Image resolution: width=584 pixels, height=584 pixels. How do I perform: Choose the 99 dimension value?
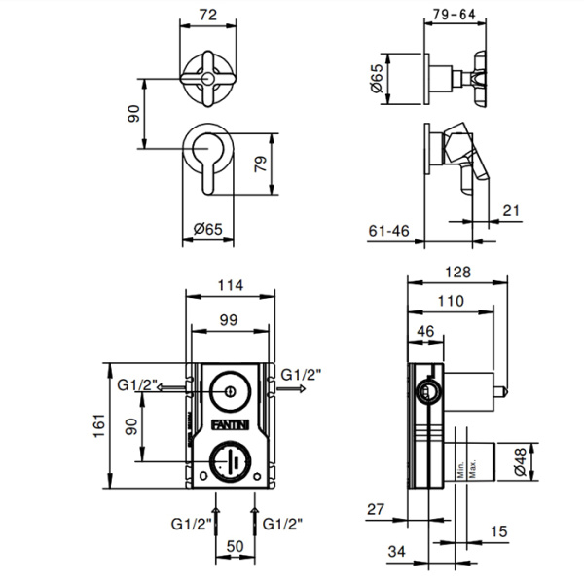click(x=230, y=320)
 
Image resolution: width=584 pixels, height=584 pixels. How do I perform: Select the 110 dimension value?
click(x=450, y=302)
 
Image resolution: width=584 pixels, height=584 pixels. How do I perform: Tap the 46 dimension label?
click(x=425, y=332)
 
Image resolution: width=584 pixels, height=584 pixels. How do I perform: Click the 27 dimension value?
click(x=378, y=510)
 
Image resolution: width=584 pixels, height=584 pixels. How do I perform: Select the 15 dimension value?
click(x=499, y=531)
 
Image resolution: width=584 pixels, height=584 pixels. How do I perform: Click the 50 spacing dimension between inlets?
click(x=235, y=547)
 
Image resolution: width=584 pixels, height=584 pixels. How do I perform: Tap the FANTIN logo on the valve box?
click(x=230, y=423)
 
